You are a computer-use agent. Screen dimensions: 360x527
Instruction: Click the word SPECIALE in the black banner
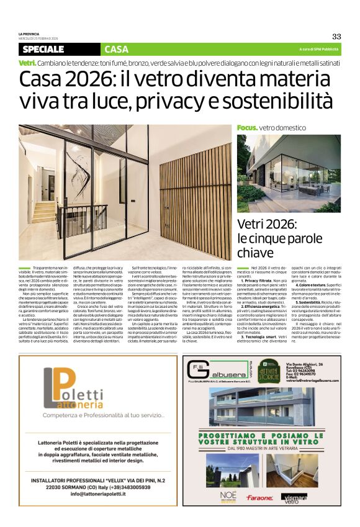[x=43, y=49]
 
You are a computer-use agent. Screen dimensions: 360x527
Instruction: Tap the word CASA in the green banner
[x=116, y=49]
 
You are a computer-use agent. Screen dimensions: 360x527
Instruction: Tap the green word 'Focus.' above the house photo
[x=247, y=127]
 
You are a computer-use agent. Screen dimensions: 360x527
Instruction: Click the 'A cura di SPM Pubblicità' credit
[x=319, y=49]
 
